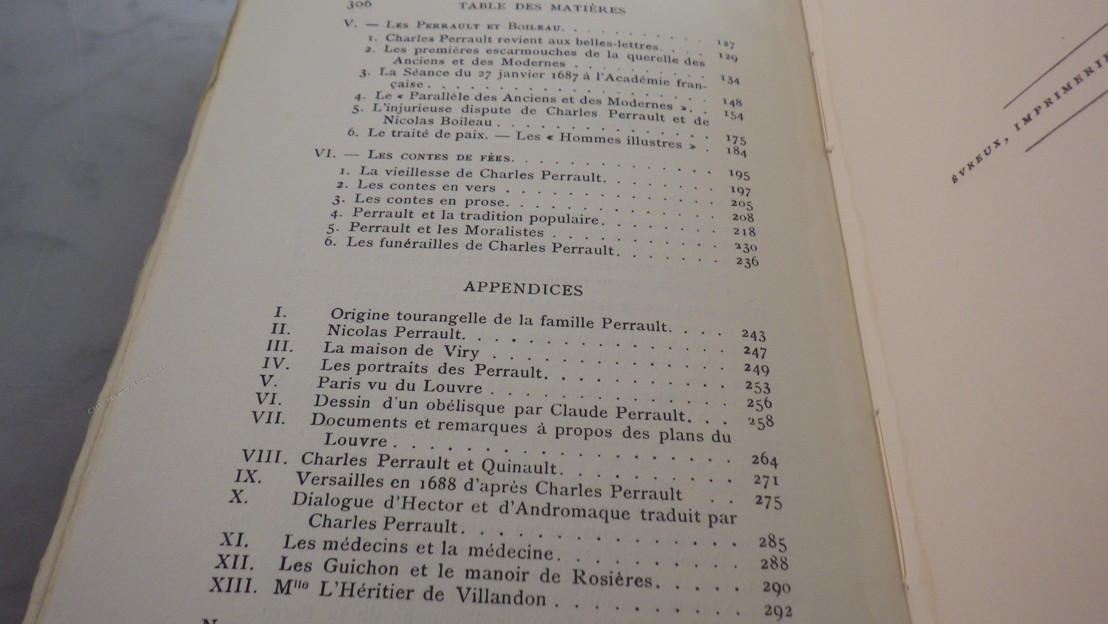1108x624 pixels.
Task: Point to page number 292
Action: pos(778,611)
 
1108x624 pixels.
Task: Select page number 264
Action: pos(764,460)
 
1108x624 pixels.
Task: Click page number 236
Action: pos(747,261)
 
